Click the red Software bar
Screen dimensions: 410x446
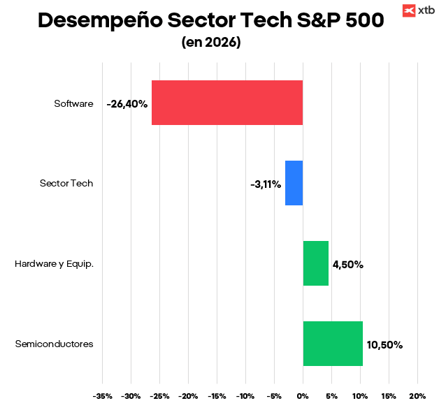pos(227,103)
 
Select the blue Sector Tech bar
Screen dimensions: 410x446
pos(294,183)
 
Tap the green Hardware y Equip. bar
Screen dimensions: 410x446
pos(315,263)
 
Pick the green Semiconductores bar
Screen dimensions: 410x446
pos(333,344)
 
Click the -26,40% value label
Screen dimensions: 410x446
pos(127,103)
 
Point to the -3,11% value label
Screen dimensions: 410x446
pos(266,184)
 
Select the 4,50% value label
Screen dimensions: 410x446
pos(347,265)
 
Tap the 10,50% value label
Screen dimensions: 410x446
pos(384,345)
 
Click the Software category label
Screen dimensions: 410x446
pos(73,103)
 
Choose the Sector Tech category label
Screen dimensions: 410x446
pos(66,184)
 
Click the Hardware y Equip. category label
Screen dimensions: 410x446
pos(54,264)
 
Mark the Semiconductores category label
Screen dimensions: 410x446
pos(54,344)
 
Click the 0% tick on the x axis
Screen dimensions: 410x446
pos(303,396)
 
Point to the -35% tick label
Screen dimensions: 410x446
pos(102,396)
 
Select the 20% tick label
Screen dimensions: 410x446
pos(417,396)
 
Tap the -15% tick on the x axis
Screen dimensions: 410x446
pos(217,396)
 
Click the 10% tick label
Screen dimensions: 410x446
pos(360,396)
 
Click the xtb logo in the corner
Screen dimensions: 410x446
pos(418,10)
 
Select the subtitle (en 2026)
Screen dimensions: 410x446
pos(211,43)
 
